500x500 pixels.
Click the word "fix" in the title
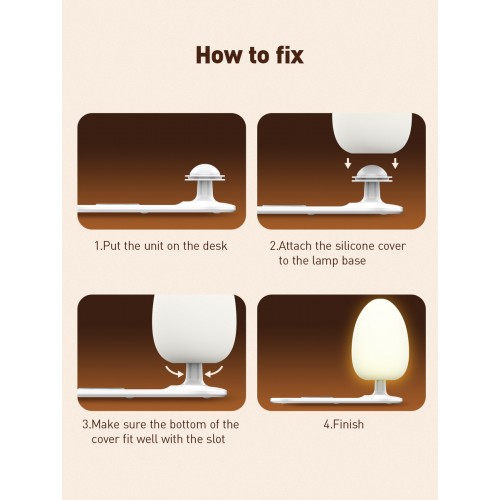pyautogui.click(x=290, y=55)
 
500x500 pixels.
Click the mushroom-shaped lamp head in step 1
pyautogui.click(x=205, y=173)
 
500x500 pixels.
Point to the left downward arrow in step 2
pyautogui.click(x=348, y=163)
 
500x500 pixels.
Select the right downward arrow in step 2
pyautogui.click(x=395, y=163)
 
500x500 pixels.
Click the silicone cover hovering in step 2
pyautogui.click(x=372, y=133)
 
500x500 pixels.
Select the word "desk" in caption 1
pyautogui.click(x=215, y=246)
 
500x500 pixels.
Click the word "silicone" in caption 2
pyautogui.click(x=355, y=246)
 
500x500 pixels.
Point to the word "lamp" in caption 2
pyautogui.click(x=322, y=261)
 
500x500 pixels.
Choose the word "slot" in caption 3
pyautogui.click(x=216, y=439)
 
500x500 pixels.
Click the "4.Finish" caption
pyautogui.click(x=343, y=424)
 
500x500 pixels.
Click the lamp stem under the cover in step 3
pyautogui.click(x=194, y=375)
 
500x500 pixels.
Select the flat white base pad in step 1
pyautogui.click(x=157, y=208)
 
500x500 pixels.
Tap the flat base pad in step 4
pyautogui.click(x=336, y=400)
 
